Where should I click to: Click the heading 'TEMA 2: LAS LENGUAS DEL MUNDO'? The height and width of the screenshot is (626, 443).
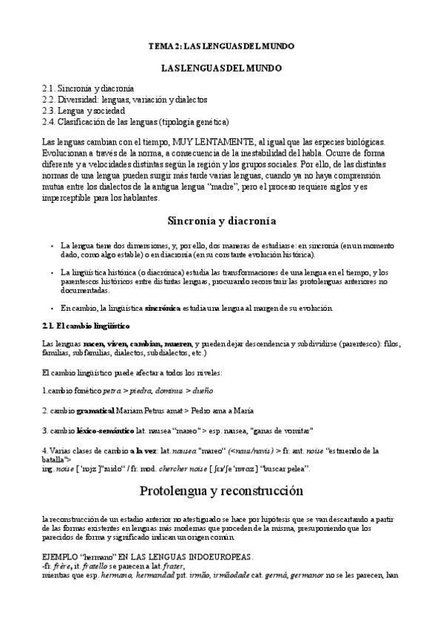coord(221,46)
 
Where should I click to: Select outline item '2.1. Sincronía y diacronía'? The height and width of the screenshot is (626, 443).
coord(88,88)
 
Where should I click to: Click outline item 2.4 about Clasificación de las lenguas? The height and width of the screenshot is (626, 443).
coord(135,121)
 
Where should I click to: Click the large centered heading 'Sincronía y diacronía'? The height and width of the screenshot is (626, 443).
coord(222,221)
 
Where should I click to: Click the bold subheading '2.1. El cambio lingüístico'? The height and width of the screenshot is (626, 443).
coord(76,326)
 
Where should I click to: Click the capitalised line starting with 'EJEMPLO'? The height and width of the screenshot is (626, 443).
coord(148,556)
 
